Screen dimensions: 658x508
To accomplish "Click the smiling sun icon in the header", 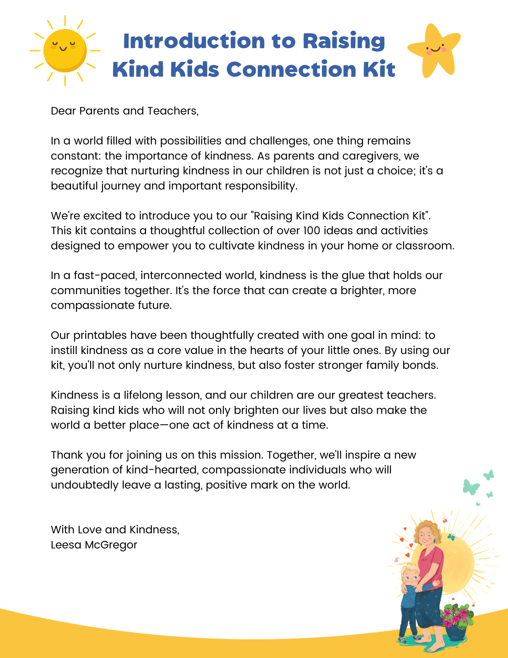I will [x=65, y=50].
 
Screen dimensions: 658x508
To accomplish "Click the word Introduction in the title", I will [x=194, y=41].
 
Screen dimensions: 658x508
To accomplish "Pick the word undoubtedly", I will [x=85, y=485].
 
